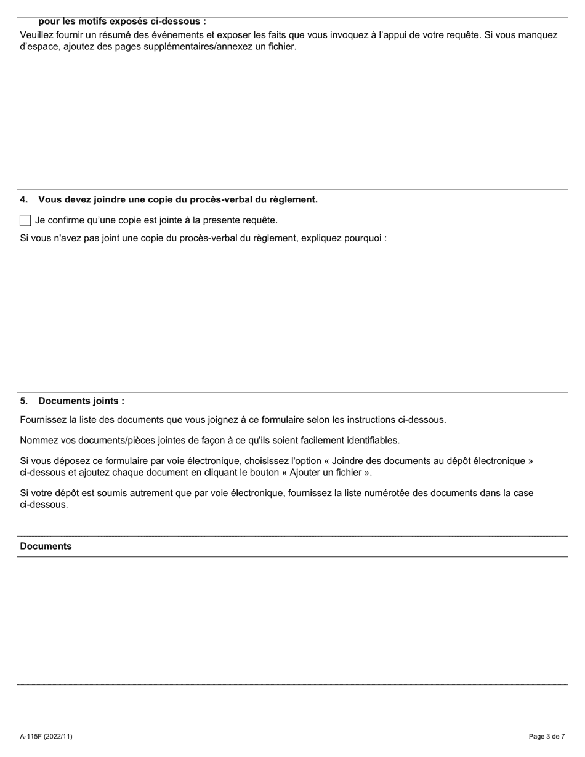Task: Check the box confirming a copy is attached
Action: (25, 220)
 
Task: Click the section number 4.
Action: (23, 199)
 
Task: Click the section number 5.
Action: (23, 401)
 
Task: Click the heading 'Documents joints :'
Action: (81, 401)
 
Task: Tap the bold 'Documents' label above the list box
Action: (46, 546)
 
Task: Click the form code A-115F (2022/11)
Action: (46, 736)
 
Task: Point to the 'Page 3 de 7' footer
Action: (546, 736)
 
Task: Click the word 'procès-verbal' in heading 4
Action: (200, 199)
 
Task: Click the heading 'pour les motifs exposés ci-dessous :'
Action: (122, 22)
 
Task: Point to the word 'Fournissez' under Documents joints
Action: (44, 420)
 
